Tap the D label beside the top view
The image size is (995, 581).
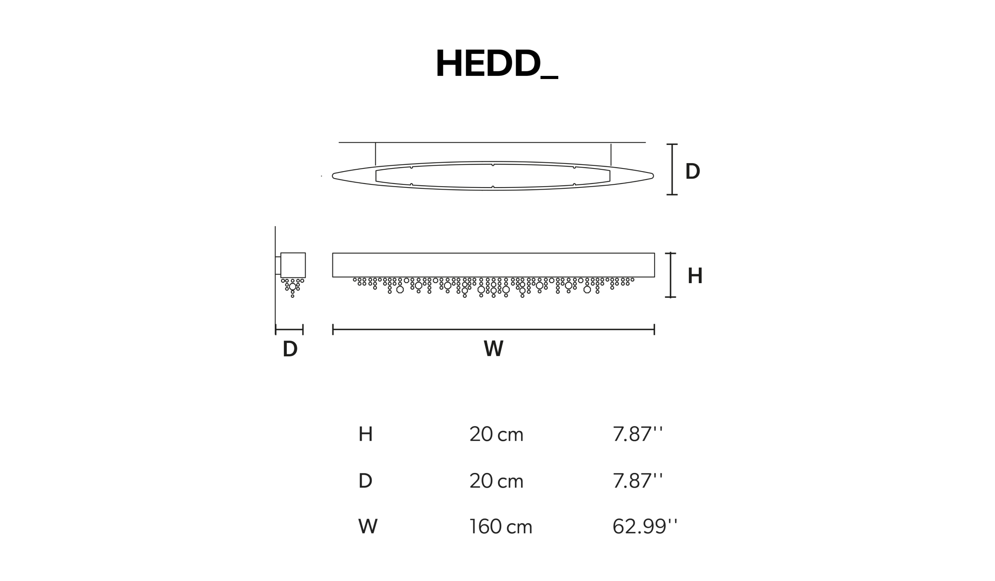point(693,171)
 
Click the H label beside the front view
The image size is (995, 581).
point(695,276)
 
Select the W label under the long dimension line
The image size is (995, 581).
point(494,348)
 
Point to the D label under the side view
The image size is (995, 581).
point(290,349)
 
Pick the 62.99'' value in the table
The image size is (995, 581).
point(644,526)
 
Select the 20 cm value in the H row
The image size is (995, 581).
point(496,434)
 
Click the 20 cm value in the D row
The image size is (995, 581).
point(496,481)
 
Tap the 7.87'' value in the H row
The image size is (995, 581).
point(637,434)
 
